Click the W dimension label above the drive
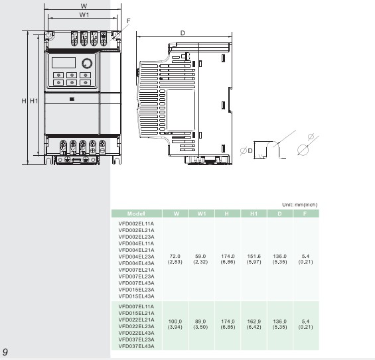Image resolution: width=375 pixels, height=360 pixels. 84,6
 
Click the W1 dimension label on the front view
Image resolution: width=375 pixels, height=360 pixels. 84,15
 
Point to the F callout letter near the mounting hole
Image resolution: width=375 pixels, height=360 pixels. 128,21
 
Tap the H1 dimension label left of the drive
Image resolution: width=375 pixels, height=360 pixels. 34,101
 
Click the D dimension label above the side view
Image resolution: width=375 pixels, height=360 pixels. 183,33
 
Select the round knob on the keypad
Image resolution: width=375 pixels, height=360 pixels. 87,63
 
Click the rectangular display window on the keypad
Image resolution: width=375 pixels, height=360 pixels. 64,62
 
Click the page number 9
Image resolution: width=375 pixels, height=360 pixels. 5,352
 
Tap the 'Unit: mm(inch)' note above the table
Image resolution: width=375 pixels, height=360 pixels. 299,205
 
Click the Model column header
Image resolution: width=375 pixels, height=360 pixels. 136,213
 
